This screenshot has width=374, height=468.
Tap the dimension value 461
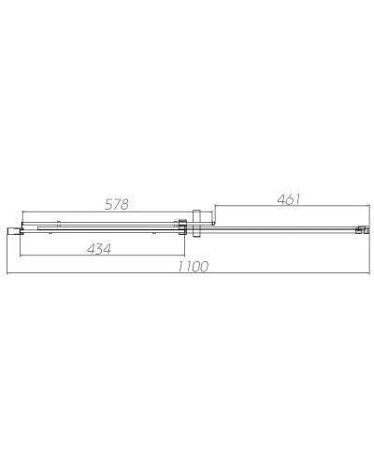pos(291,198)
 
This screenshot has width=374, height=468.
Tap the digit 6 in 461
pos(291,198)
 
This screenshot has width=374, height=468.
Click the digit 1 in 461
pos(301,198)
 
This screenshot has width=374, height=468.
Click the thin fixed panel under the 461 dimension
pos(280,227)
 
